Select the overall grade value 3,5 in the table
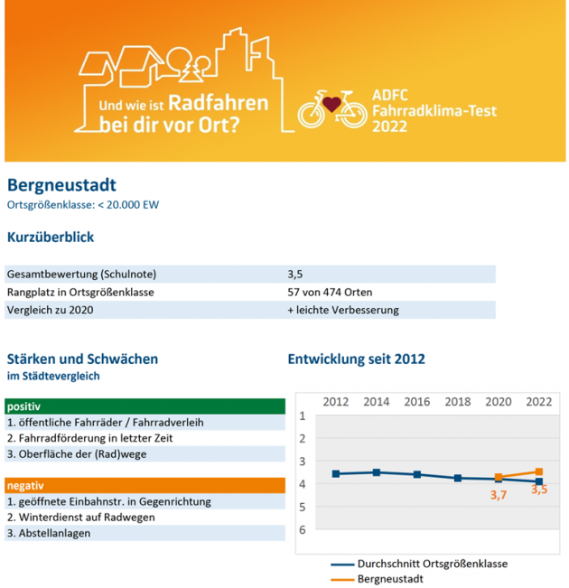point(295,273)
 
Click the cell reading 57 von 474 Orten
point(329,292)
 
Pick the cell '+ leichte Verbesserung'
point(342,310)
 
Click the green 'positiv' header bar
point(145,406)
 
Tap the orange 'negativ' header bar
point(145,485)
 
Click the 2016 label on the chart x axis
point(416,401)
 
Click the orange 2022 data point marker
point(539,471)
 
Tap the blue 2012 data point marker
point(336,473)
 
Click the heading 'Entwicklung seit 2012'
point(356,359)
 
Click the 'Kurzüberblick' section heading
point(51,238)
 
